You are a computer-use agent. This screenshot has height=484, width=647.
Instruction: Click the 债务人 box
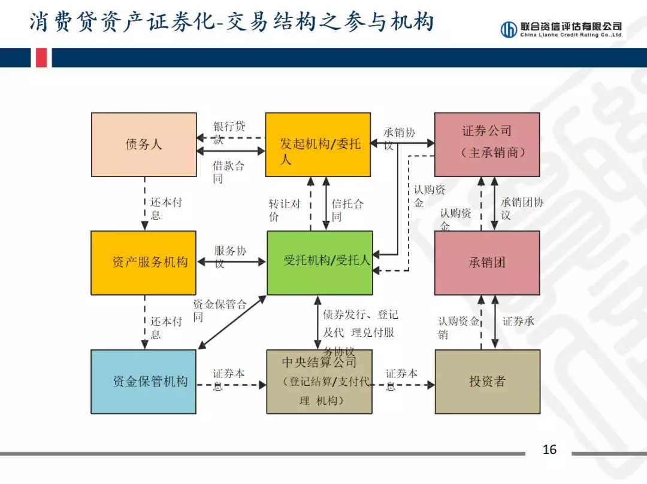(x=144, y=145)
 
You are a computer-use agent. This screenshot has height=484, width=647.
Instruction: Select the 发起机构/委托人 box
(x=318, y=145)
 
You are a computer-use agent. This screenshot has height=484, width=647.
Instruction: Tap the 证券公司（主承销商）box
(x=486, y=145)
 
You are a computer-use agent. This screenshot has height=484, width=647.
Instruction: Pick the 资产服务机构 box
(x=144, y=263)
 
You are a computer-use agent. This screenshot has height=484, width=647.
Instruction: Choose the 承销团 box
(x=486, y=263)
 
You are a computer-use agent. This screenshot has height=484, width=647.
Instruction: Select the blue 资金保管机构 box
(x=144, y=382)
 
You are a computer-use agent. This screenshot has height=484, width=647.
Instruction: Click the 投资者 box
(x=486, y=382)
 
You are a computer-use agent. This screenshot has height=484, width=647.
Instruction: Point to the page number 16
(x=549, y=450)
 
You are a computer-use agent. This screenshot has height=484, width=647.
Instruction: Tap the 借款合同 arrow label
(x=228, y=172)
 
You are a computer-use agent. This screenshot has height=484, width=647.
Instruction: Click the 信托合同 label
(x=347, y=209)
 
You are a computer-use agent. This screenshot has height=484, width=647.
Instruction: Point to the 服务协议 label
(x=229, y=257)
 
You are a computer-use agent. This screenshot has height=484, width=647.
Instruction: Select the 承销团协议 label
(x=521, y=208)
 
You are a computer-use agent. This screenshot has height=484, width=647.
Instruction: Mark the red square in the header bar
(x=41, y=57)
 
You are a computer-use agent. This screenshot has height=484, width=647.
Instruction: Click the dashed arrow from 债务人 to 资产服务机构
(x=144, y=203)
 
